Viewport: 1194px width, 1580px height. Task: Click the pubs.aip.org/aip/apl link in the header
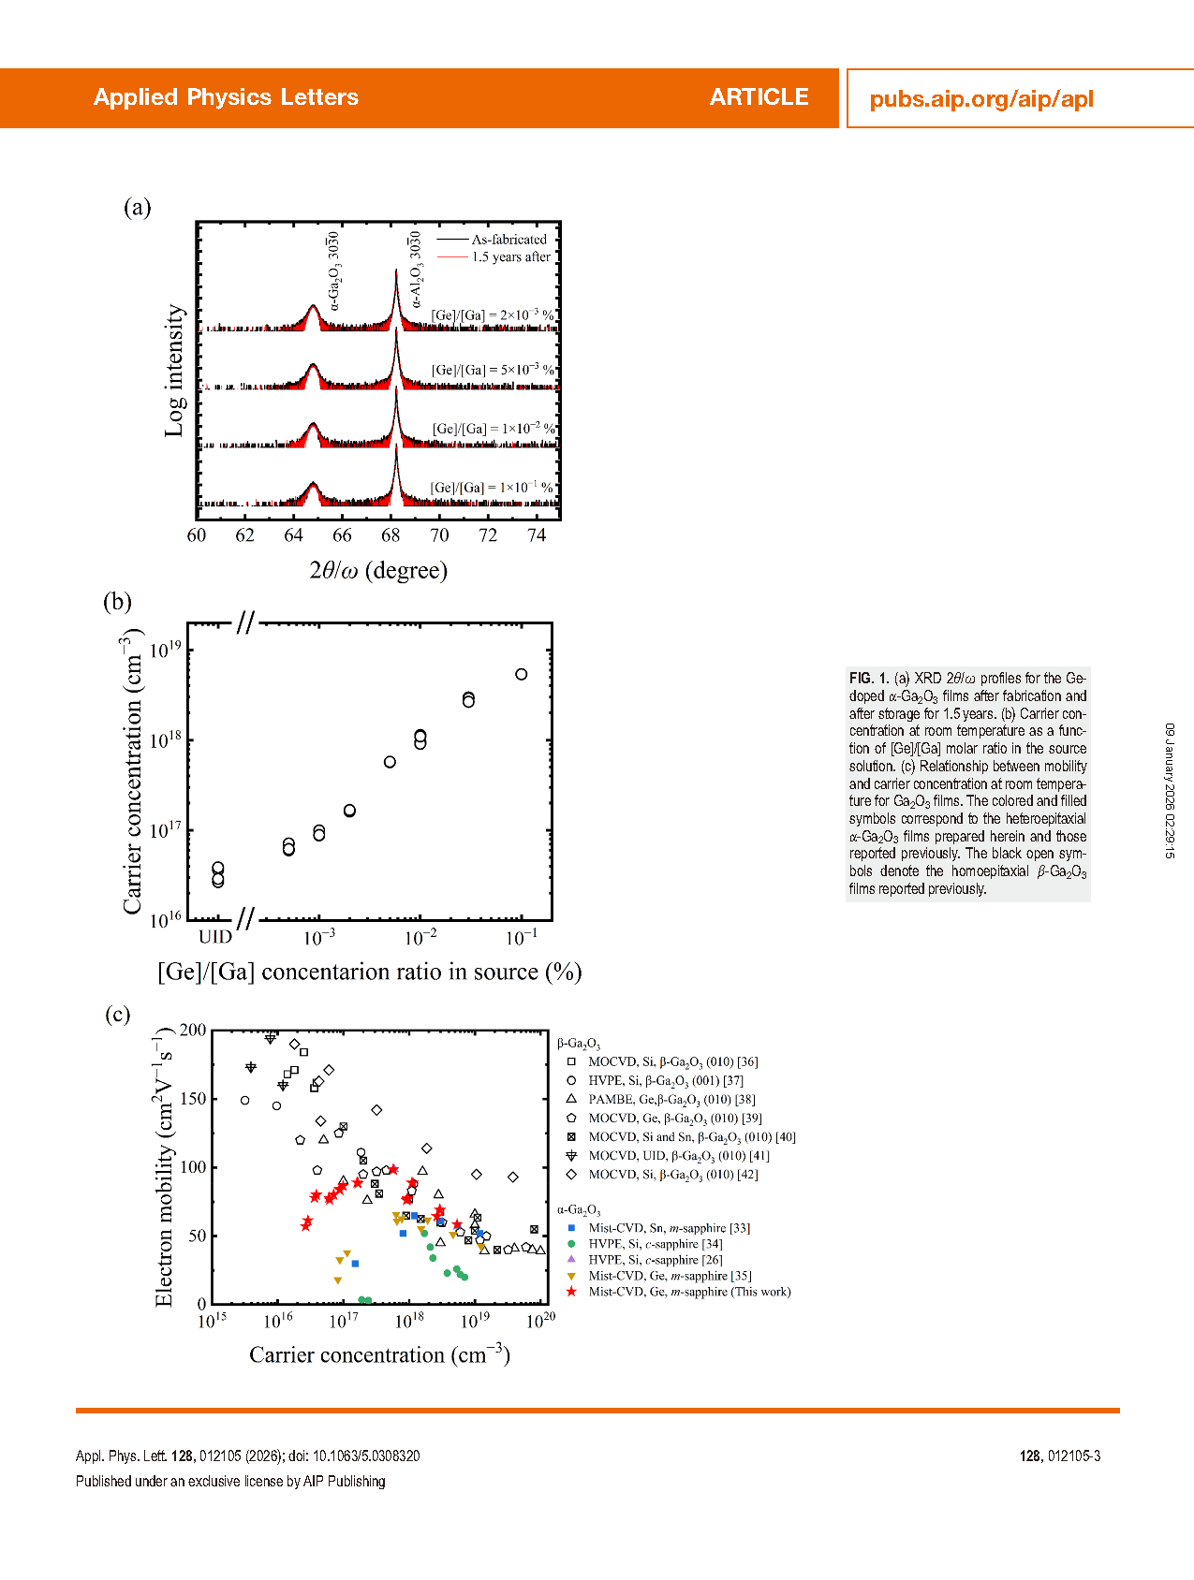[980, 99]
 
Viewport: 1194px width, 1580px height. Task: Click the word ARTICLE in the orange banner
[759, 97]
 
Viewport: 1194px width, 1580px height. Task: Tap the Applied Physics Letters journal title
[226, 97]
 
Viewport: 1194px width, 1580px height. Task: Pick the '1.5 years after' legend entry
[510, 257]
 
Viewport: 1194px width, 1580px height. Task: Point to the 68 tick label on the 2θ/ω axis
[391, 535]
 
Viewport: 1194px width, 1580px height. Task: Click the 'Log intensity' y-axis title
[174, 370]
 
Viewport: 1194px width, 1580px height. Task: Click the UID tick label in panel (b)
[215, 937]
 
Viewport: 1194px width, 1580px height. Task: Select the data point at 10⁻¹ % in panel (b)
[522, 674]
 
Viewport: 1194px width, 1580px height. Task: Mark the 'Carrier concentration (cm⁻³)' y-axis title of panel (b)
[133, 771]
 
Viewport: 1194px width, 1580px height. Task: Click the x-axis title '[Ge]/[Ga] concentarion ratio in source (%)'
[369, 973]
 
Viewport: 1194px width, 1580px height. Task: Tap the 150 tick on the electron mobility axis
[193, 1099]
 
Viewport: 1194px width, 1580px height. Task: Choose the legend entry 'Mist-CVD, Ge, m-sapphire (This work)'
[689, 1292]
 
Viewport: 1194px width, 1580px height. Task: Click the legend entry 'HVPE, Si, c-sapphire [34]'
[656, 1244]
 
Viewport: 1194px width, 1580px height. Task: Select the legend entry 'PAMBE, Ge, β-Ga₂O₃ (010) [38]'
[671, 1100]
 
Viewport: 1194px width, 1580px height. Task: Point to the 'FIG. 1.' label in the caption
[868, 678]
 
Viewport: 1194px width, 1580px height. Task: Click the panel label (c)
[117, 1015]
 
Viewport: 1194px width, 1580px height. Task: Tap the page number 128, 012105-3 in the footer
[1059, 1456]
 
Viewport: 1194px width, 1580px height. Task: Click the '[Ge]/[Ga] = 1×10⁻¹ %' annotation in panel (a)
[492, 488]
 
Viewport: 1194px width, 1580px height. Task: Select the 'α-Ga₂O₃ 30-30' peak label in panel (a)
[334, 271]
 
